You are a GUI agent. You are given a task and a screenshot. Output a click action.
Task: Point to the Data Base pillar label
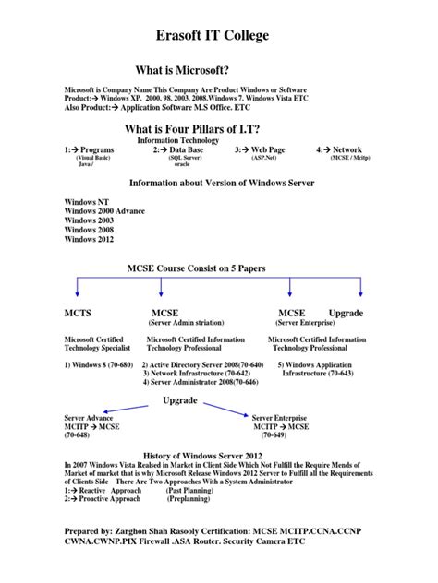181,149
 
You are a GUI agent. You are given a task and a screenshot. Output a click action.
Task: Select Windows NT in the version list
85,201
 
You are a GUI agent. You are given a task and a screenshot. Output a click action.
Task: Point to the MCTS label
78,314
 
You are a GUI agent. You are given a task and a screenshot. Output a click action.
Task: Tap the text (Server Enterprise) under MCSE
306,324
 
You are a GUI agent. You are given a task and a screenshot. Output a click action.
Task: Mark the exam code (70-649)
276,435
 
